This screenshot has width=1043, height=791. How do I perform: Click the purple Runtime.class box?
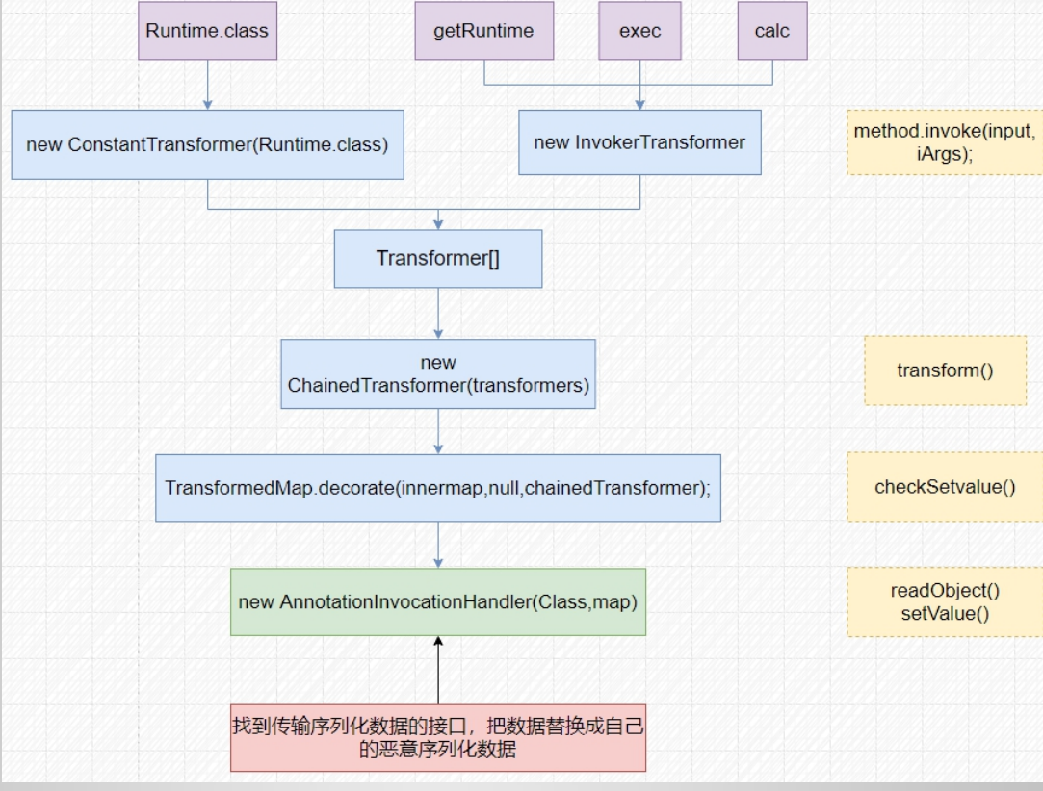(x=207, y=31)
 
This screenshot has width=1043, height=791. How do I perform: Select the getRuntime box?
(x=483, y=31)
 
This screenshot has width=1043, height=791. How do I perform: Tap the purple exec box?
(x=639, y=31)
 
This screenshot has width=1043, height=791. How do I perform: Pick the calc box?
(x=771, y=31)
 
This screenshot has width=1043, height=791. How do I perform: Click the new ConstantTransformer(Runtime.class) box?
(x=207, y=144)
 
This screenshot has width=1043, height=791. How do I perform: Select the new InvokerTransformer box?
(x=639, y=142)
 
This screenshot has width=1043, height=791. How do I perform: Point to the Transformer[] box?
(x=438, y=258)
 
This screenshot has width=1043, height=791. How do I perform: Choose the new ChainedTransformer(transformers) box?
(x=438, y=374)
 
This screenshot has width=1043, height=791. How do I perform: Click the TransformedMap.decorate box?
(x=438, y=488)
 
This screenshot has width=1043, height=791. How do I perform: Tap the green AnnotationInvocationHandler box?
(x=438, y=601)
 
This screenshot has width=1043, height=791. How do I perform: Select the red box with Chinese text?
(x=438, y=737)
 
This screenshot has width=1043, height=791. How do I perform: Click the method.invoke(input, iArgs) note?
(x=944, y=142)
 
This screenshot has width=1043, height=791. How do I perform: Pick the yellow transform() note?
(x=945, y=370)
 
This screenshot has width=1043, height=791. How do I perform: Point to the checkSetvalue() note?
(x=945, y=487)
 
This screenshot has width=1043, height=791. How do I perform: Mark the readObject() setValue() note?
(x=945, y=601)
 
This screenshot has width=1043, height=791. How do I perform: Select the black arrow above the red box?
(x=438, y=670)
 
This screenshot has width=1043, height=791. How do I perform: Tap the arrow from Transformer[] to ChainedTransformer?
(x=438, y=313)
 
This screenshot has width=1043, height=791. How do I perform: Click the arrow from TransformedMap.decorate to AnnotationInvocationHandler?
(x=438, y=545)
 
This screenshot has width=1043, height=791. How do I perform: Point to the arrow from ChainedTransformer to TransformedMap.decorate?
(x=438, y=431)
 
